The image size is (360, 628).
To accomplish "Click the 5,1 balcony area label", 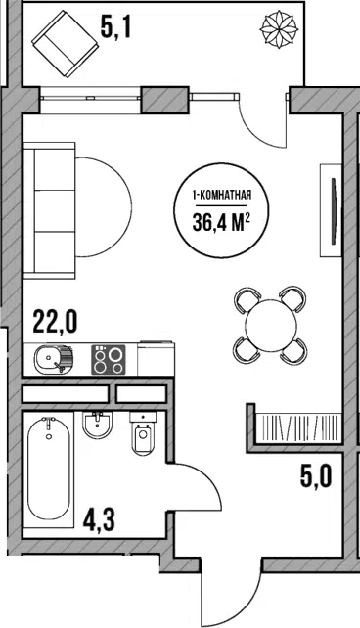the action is pyautogui.click(x=115, y=28).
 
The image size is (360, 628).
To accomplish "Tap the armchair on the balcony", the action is pyautogui.click(x=65, y=44).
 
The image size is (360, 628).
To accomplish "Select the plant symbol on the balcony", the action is pyautogui.click(x=279, y=28).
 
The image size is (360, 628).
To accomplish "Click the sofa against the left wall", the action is pyautogui.click(x=49, y=210).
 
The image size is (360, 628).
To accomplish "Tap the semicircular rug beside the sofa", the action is pyautogui.click(x=104, y=207).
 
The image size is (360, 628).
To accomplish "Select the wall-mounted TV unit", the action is pyautogui.click(x=331, y=210).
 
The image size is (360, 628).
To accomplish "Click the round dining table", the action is pyautogui.click(x=272, y=325).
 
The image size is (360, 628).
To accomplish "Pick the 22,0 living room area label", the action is pyautogui.click(x=55, y=323).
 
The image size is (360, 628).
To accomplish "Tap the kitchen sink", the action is pyautogui.click(x=54, y=359).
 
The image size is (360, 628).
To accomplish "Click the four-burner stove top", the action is pyautogui.click(x=109, y=359).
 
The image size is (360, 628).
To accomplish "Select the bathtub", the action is pyautogui.click(x=49, y=469).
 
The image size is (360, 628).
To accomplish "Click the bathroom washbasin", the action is pyautogui.click(x=97, y=426).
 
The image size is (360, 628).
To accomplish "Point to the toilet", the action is pyautogui.click(x=142, y=433).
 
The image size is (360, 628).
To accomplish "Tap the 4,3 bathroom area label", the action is pyautogui.click(x=99, y=520).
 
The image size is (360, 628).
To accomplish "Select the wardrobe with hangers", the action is pyautogui.click(x=297, y=427).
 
